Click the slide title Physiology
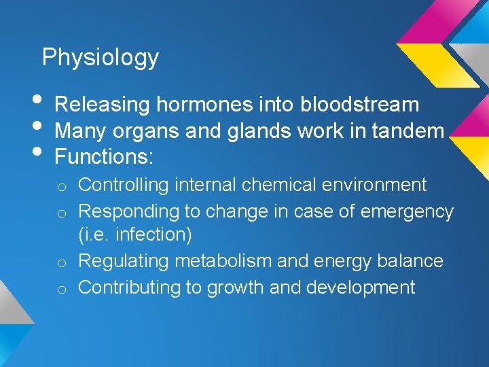coord(100,58)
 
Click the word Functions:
coord(105,157)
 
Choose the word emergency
coord(407,211)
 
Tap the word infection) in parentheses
coord(154,235)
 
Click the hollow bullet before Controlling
coord(61,187)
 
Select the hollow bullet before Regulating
coord(61,264)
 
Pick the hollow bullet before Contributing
coord(61,290)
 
